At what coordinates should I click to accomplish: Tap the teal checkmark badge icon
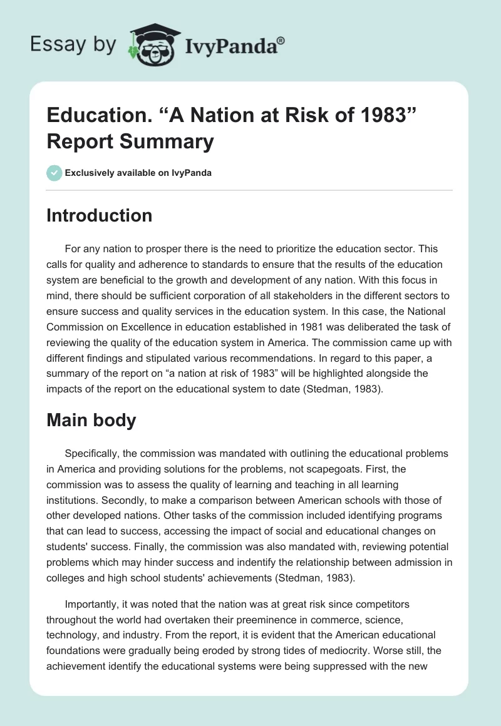pos(54,173)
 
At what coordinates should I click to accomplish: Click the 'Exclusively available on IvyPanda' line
pos(138,173)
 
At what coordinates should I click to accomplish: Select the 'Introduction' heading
pos(100,215)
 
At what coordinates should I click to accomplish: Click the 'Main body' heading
pos(91,420)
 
